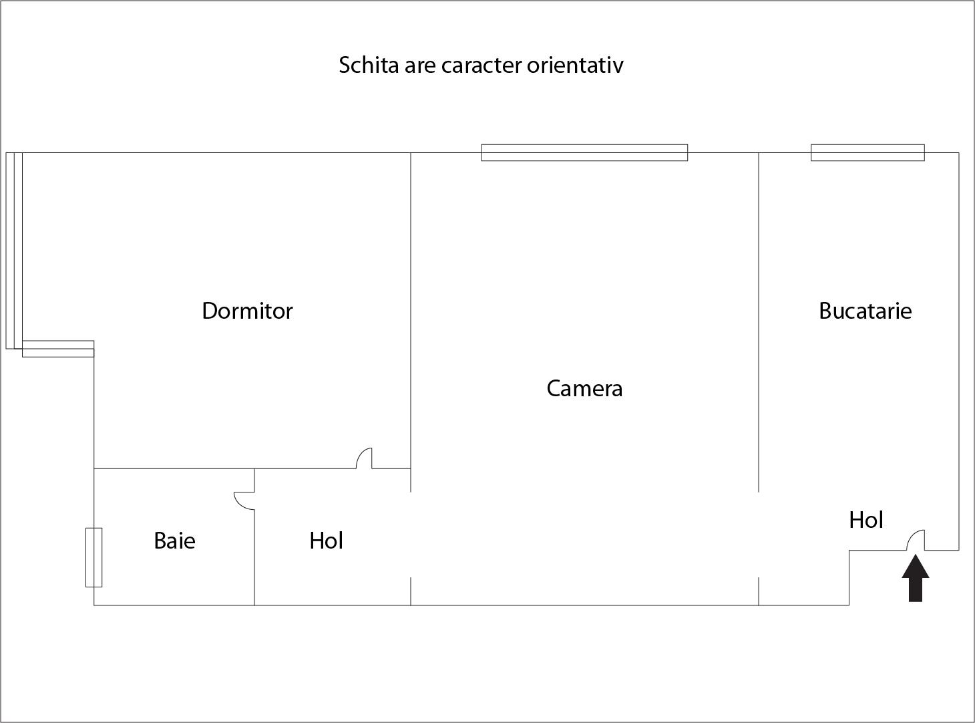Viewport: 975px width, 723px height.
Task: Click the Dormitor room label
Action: tap(247, 311)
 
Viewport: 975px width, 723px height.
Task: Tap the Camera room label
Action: tap(584, 389)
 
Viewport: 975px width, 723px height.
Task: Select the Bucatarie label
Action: tap(865, 311)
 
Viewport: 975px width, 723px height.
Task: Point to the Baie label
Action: tap(174, 541)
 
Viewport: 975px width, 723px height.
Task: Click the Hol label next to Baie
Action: tap(326, 541)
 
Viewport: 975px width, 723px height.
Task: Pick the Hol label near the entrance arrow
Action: tap(866, 520)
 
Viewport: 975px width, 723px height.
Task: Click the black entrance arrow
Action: tap(915, 578)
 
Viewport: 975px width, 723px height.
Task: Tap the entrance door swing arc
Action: tap(915, 540)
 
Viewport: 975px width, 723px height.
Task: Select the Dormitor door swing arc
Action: tap(364, 458)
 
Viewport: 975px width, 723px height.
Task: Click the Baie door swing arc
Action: tap(244, 500)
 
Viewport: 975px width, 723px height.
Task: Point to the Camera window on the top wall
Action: tap(584, 153)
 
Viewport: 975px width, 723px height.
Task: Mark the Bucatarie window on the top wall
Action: tap(867, 153)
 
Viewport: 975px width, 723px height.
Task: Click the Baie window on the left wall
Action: tap(93, 557)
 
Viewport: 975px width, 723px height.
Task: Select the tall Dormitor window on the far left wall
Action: tap(14, 251)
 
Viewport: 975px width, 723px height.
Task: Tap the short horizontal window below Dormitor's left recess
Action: tap(58, 349)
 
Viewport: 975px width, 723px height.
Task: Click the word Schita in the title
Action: tap(369, 65)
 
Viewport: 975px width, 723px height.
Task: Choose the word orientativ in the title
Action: tap(575, 65)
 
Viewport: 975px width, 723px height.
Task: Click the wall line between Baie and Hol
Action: tap(254, 537)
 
